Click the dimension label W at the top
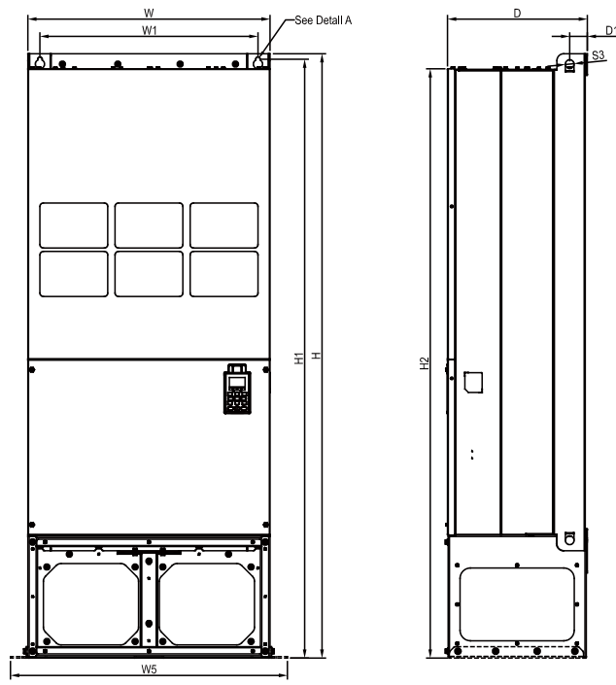147,13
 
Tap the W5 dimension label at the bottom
149,669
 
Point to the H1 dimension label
299,358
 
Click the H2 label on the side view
424,362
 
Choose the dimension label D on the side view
517,13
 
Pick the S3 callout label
598,56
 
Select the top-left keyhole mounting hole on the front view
40,61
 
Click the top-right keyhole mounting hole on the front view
259,61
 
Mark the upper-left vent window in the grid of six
74,225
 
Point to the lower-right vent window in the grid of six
224,274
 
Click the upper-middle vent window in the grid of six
149,225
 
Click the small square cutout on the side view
474,381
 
